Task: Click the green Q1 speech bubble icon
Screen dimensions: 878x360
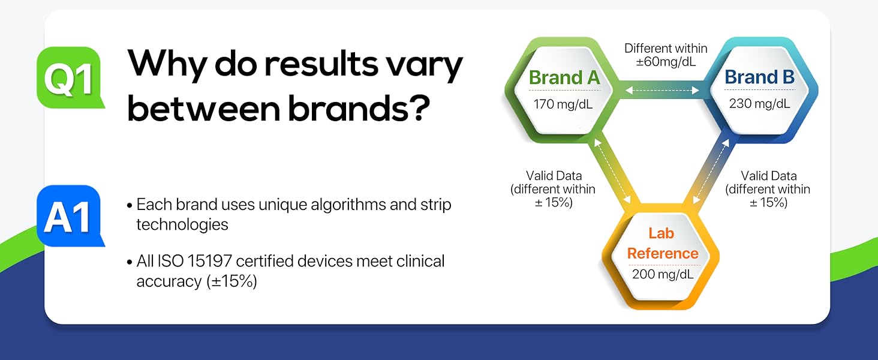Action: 70,77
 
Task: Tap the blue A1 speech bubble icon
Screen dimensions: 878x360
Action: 70,215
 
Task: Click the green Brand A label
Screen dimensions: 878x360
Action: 564,77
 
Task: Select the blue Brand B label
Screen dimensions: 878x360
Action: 760,77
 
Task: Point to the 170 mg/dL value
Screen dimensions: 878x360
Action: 563,104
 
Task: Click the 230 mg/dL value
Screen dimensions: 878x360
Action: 759,104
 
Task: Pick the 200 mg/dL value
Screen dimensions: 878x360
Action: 663,274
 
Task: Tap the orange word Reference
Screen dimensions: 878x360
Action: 663,253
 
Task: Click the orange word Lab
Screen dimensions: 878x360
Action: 661,233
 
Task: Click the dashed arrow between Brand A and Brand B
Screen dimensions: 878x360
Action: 662,91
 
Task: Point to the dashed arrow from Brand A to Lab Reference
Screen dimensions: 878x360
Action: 613,172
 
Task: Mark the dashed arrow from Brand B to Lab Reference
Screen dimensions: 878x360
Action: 711,172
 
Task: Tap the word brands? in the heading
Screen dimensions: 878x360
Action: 359,107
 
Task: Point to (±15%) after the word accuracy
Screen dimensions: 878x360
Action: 232,281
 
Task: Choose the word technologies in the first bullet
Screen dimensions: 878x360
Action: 182,225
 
